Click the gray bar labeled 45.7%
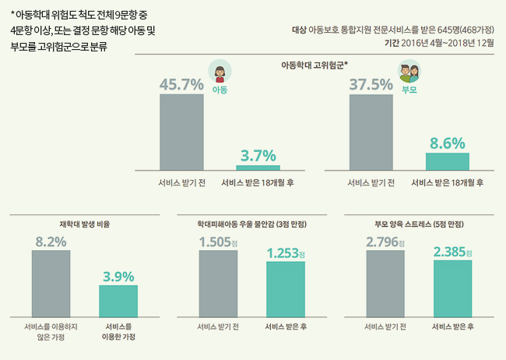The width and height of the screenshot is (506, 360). click(x=181, y=132)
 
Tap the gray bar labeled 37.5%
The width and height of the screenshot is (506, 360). click(x=371, y=132)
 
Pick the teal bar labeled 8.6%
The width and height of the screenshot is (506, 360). click(x=447, y=161)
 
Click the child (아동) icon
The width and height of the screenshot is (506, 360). click(x=220, y=74)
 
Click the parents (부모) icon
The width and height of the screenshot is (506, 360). click(x=409, y=73)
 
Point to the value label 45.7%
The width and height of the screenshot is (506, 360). click(x=181, y=84)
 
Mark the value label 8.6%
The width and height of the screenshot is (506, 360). click(x=447, y=143)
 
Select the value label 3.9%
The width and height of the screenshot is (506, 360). click(x=118, y=276)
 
